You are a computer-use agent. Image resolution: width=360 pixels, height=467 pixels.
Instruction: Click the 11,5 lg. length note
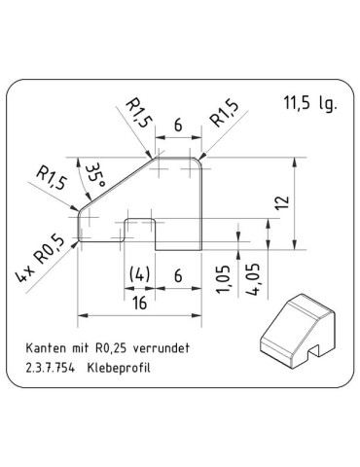(x=310, y=104)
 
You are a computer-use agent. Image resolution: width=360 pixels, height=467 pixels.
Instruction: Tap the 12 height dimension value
(x=282, y=203)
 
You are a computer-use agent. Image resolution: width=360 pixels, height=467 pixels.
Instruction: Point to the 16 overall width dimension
(x=141, y=303)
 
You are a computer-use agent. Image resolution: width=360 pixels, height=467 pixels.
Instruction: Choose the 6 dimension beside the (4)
(x=178, y=275)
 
